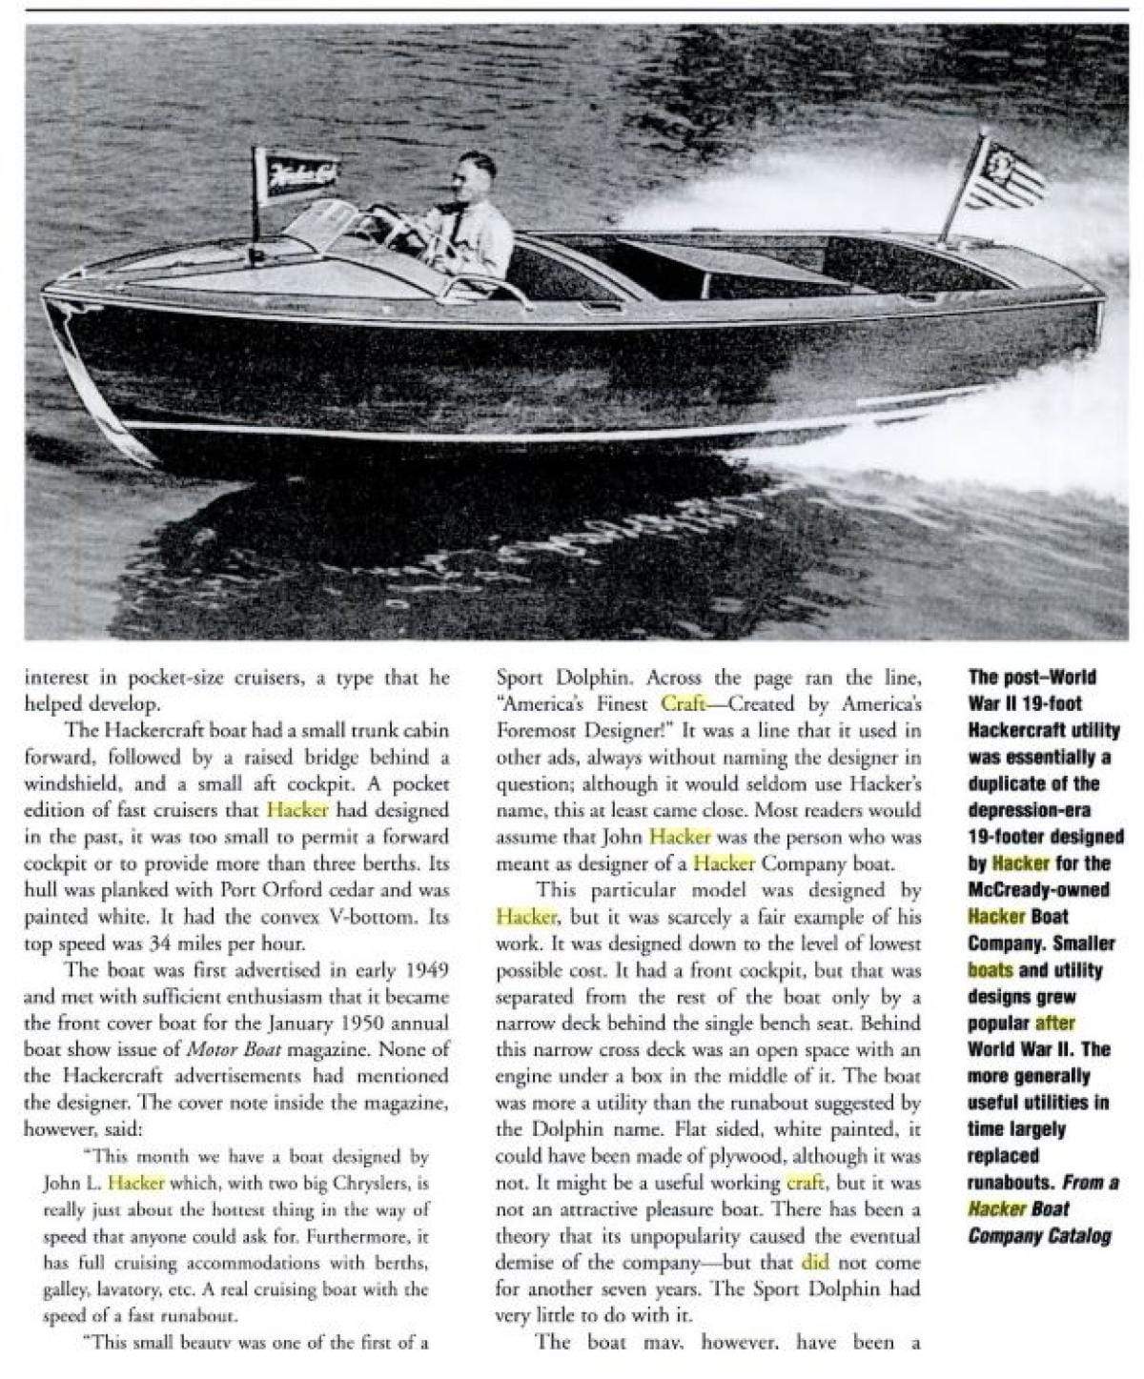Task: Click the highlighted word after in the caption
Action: pos(1054,1024)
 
